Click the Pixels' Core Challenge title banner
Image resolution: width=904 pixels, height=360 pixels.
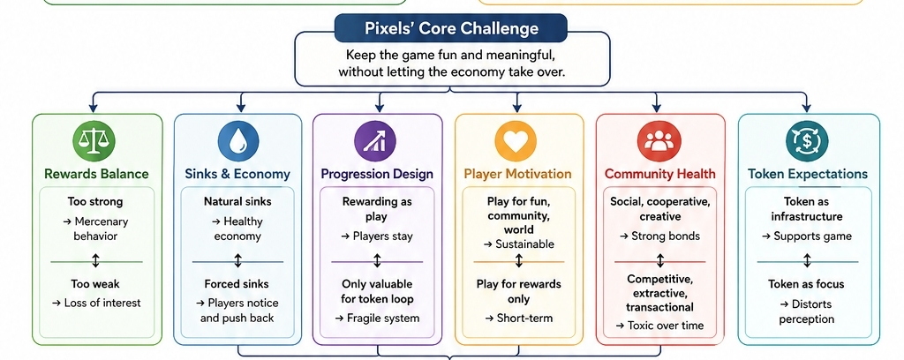pos(451,28)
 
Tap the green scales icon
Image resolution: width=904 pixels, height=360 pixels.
pos(94,140)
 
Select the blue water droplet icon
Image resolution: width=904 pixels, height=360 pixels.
pos(238,140)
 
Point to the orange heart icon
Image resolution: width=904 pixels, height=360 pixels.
pos(516,140)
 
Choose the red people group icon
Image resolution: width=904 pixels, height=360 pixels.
pos(659,140)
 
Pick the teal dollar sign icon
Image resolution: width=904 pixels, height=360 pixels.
pos(807,140)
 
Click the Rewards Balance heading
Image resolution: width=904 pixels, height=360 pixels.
pos(96,174)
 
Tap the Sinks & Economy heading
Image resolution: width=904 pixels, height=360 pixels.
pos(237,174)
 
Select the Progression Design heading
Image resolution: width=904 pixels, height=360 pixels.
pos(377,174)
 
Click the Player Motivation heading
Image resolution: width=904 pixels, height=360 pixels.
pos(517,174)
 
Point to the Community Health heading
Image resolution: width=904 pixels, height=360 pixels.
pos(660,174)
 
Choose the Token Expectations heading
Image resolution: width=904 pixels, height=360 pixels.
pos(807,174)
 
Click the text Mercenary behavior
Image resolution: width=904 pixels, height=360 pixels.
pos(95,229)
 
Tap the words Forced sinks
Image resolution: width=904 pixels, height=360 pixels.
pos(237,284)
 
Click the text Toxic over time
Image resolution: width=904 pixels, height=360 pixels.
pos(659,326)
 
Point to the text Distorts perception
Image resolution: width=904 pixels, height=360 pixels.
pos(806,311)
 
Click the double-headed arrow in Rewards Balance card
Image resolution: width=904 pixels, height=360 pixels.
pos(95,261)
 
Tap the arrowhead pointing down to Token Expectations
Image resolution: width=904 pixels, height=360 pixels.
pos(806,108)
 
